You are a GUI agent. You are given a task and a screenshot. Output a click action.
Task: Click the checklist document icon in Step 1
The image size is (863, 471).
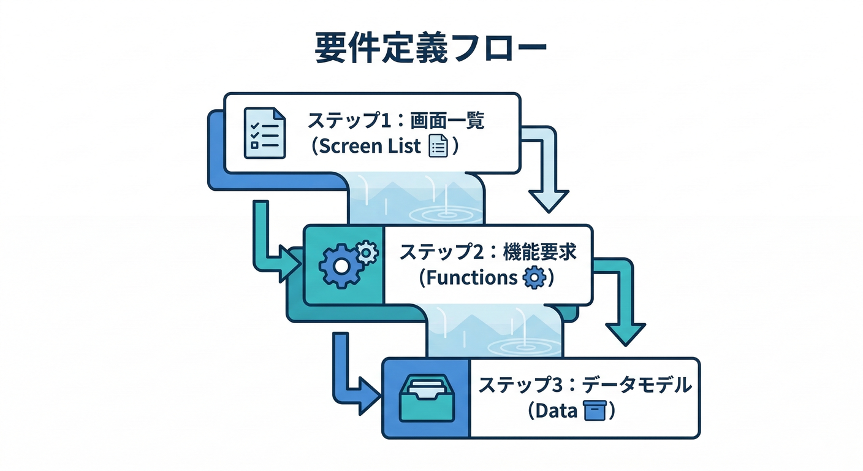point(264,132)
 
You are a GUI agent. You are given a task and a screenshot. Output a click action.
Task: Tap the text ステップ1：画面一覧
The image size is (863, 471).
point(396,121)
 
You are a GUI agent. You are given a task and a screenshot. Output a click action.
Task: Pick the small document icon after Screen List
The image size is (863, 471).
point(438,147)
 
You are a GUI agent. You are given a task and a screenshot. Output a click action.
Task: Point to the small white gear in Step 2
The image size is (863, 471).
point(367,251)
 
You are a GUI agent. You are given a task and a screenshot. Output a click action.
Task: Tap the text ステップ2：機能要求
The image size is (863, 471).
point(488,252)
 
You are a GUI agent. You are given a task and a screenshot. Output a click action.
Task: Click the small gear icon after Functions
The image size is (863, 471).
point(533,278)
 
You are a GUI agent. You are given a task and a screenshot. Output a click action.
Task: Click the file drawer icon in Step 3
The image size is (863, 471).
point(425,398)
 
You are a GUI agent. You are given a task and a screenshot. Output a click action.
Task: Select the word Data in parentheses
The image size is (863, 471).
point(557,411)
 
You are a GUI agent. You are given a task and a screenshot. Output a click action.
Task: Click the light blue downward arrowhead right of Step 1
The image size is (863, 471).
point(549,199)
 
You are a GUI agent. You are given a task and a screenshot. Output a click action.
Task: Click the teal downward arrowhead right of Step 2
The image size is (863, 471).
point(625,332)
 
